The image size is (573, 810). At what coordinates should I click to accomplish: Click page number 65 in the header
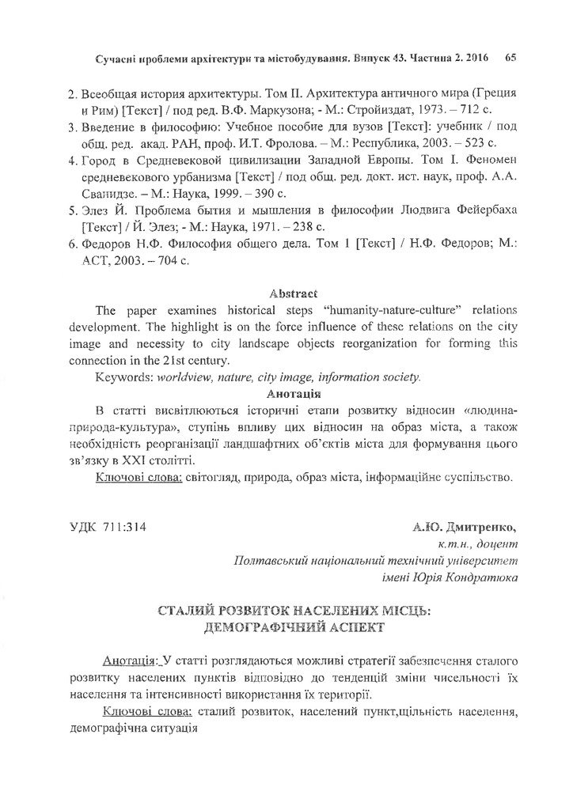[510, 58]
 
